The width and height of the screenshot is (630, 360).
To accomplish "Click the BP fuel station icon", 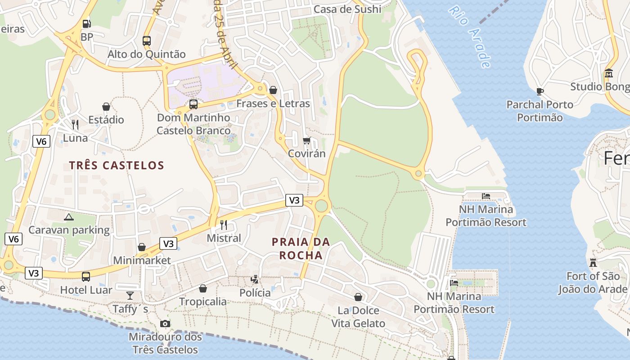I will pyautogui.click(x=86, y=24).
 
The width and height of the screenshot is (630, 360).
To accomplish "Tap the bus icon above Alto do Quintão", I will pyautogui.click(x=147, y=40).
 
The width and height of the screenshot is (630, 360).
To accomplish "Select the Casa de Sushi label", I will pyautogui.click(x=347, y=9).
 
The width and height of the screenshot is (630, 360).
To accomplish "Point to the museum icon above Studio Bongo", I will pyautogui.click(x=609, y=73).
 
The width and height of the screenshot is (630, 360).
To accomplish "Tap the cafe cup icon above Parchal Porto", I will pyautogui.click(x=540, y=91).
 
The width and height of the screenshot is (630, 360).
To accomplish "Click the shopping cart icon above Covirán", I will pyautogui.click(x=307, y=141).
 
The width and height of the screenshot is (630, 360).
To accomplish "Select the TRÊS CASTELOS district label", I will pyautogui.click(x=117, y=165).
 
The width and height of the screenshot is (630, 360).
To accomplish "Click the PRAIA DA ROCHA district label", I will pyautogui.click(x=301, y=248).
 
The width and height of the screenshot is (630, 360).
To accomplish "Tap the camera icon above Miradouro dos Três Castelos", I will pyautogui.click(x=165, y=324).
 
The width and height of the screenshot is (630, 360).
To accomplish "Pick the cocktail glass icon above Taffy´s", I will pyautogui.click(x=130, y=295).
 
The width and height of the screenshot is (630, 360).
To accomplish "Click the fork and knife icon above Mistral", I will pyautogui.click(x=223, y=225).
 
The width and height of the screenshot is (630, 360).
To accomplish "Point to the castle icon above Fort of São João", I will pyautogui.click(x=593, y=262).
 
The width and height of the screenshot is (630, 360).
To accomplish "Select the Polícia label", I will pyautogui.click(x=255, y=293).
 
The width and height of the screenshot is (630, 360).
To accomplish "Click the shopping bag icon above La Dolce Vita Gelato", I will pyautogui.click(x=358, y=297).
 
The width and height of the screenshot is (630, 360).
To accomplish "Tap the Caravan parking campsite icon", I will pyautogui.click(x=69, y=217).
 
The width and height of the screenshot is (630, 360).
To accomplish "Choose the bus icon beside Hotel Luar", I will pyautogui.click(x=86, y=276).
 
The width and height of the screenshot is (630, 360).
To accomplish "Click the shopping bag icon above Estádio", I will pyautogui.click(x=106, y=107).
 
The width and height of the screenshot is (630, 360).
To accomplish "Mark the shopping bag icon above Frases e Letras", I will pyautogui.click(x=273, y=90).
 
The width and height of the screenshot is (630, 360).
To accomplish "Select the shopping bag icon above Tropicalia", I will pyautogui.click(x=203, y=288).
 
